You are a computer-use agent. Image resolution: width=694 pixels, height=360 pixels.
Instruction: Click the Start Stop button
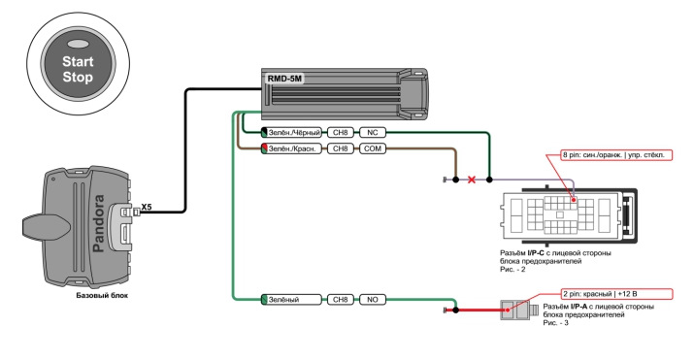78,65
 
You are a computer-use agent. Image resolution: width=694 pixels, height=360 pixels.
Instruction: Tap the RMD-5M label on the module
284,80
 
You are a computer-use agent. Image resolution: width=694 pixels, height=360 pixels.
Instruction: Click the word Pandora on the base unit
98,223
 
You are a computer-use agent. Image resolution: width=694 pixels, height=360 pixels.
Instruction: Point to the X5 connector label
147,207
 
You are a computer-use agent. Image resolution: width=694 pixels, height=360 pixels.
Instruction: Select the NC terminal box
372,132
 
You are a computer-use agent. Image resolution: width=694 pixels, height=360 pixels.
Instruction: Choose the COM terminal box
372,148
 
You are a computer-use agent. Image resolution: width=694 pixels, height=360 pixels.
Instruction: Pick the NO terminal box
372,300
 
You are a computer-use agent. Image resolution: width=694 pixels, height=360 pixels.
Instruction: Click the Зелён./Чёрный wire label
291,132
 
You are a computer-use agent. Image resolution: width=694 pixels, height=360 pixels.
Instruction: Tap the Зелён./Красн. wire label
291,148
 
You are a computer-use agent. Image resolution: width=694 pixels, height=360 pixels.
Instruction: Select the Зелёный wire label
291,300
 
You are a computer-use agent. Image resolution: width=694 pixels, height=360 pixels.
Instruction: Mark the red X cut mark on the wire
472,180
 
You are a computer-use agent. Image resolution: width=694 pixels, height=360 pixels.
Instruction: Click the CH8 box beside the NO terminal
341,300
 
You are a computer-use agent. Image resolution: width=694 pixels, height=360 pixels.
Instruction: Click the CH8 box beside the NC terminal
341,132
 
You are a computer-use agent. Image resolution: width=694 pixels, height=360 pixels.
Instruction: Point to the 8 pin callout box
616,155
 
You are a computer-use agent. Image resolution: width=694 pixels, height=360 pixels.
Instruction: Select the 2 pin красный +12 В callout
616,294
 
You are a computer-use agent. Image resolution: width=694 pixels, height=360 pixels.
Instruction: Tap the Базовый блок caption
102,295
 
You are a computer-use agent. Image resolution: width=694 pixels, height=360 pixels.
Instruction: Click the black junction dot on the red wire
456,310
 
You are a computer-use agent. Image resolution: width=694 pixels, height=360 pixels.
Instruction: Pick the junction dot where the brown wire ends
456,180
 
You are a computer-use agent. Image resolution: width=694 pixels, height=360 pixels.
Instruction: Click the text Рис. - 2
512,270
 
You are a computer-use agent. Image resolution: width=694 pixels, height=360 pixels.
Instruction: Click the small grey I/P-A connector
518,310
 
